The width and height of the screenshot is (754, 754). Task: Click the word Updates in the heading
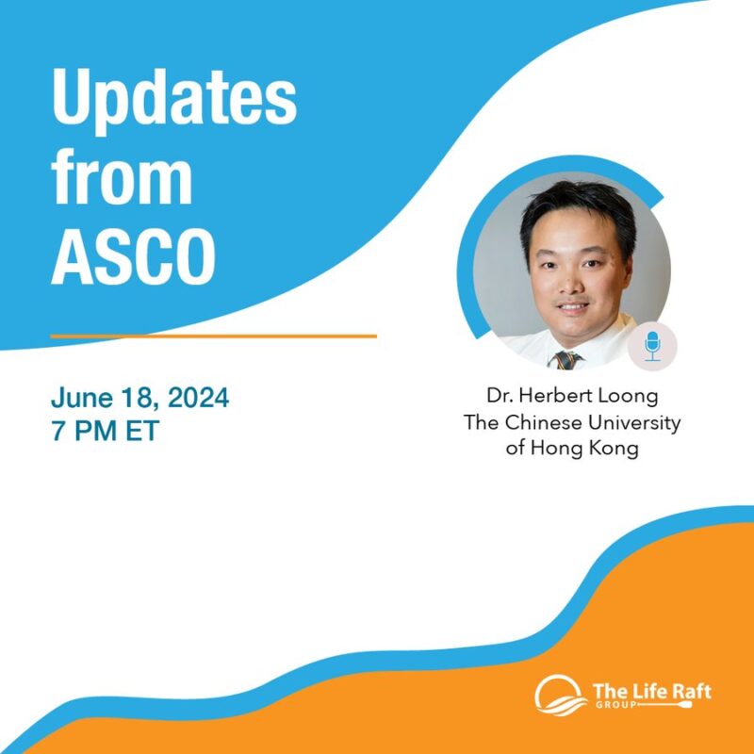(x=174, y=101)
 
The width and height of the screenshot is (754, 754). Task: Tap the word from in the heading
(x=122, y=179)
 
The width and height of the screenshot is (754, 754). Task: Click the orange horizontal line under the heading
(x=213, y=336)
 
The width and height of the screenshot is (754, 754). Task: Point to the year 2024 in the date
(x=195, y=397)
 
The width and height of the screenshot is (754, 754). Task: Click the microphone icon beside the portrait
(x=652, y=346)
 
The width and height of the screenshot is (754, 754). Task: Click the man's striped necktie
(x=566, y=359)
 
